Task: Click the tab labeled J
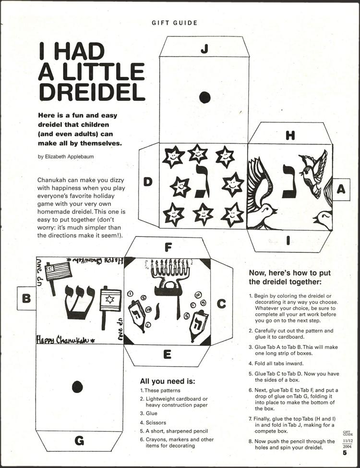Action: (204, 48)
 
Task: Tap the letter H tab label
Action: (290, 135)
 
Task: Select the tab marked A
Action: (340, 189)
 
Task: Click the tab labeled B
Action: (26, 298)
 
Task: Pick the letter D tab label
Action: (148, 182)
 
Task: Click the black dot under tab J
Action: (205, 98)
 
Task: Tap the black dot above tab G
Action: (77, 386)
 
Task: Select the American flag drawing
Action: (58, 272)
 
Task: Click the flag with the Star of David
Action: (109, 301)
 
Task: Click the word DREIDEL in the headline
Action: (91, 92)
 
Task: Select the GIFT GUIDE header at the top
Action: (174, 23)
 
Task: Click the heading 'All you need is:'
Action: (167, 382)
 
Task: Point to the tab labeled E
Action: (167, 355)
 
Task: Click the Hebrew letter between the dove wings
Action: (288, 182)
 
